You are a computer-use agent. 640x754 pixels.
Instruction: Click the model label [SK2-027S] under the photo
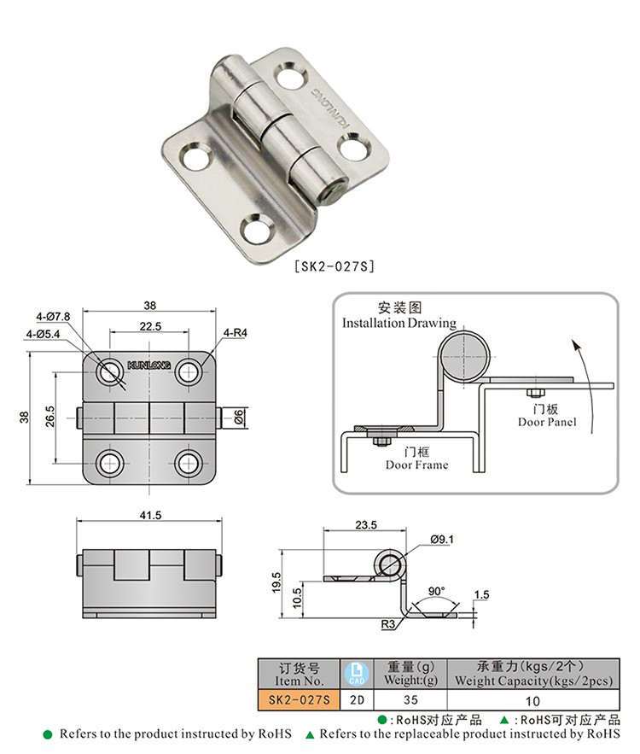pos(334,266)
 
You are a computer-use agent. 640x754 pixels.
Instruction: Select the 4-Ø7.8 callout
pos(54,318)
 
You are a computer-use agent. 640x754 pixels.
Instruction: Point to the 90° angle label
pos(437,591)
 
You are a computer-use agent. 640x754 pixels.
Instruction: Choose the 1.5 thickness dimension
pos(481,595)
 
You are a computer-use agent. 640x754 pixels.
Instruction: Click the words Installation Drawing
pos(399,324)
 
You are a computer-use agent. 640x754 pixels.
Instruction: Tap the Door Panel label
pos(547,422)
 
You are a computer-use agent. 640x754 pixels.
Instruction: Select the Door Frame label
pos(416,465)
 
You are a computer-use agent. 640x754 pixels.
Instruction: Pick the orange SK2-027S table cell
pos(298,700)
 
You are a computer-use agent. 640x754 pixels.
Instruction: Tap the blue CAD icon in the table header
pos(357,673)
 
